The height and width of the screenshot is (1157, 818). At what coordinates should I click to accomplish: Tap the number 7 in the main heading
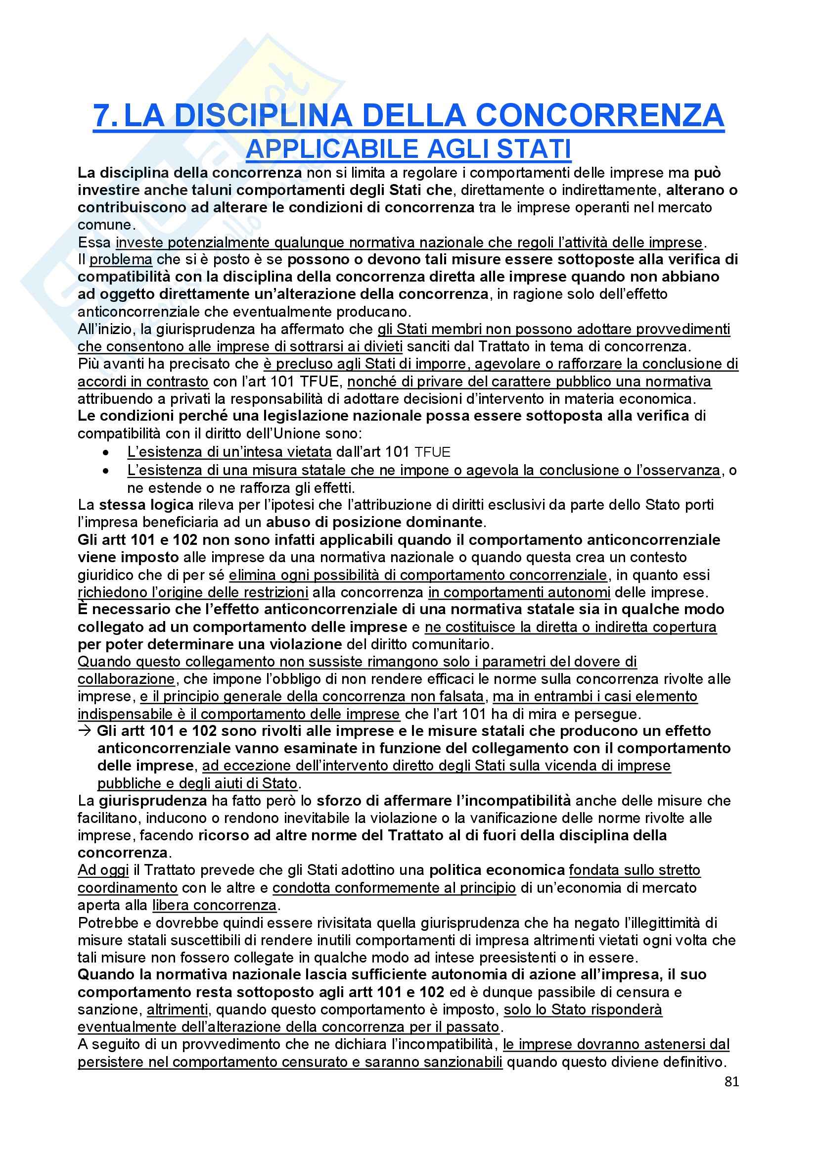102,116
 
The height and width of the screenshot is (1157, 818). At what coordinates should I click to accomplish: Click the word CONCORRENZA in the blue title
599,116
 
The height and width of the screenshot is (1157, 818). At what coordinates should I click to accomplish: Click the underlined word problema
121,260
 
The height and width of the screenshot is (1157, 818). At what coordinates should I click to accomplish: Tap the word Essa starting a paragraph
94,243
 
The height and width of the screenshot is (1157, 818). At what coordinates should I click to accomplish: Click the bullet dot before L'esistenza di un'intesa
105,453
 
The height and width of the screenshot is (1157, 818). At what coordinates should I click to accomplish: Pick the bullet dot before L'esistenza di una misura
105,471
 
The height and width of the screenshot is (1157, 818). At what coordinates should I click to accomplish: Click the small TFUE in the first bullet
432,452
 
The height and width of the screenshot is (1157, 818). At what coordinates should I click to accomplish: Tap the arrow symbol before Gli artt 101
85,731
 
